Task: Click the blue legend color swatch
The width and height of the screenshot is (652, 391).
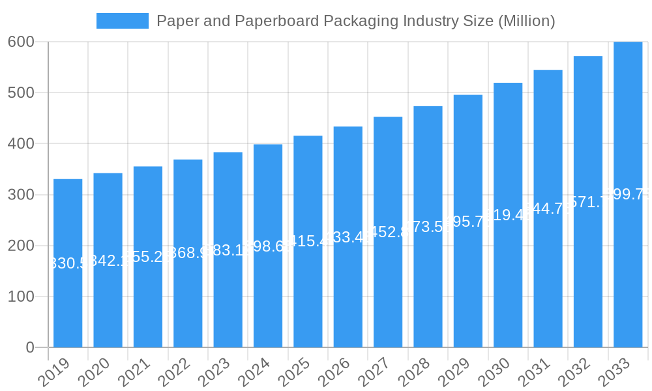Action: tap(123, 21)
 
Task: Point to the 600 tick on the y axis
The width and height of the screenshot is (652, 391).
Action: tap(21, 42)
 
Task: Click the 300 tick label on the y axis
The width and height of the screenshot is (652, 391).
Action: tap(21, 195)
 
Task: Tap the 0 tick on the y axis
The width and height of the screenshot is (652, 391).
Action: tap(30, 347)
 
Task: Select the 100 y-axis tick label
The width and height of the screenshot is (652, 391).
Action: tap(21, 297)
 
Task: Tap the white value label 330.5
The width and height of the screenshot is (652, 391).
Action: tap(68, 263)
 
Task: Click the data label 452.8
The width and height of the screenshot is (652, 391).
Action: tap(388, 232)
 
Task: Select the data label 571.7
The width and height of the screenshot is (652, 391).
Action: tap(588, 202)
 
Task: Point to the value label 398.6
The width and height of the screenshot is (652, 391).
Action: tap(268, 246)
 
